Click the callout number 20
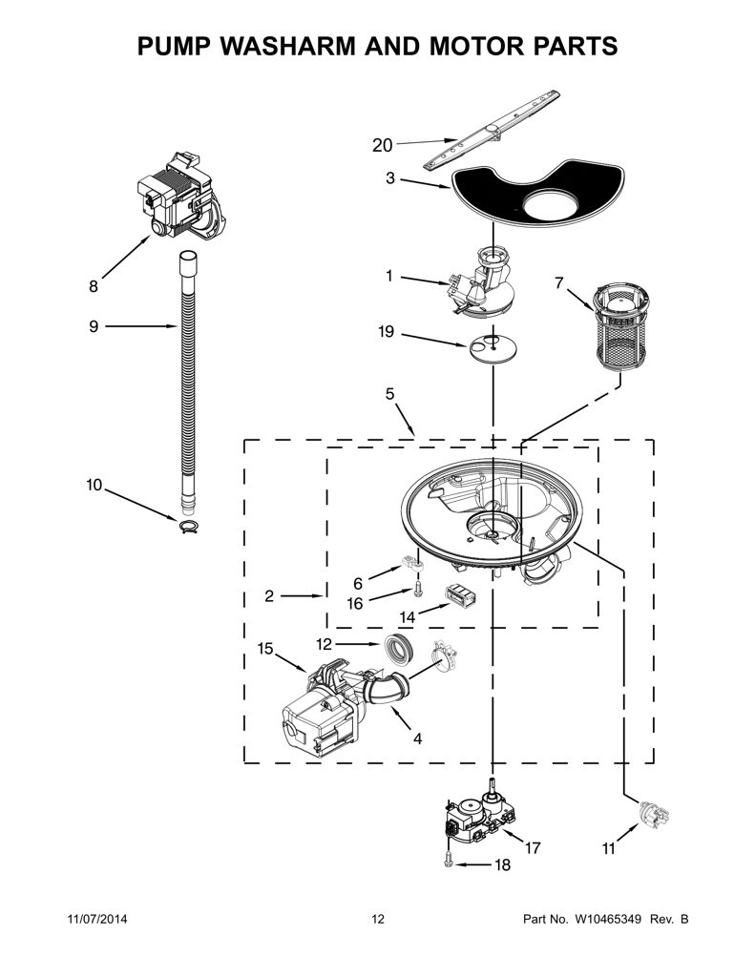pyautogui.click(x=382, y=145)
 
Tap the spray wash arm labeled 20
pyautogui.click(x=492, y=130)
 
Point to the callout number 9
pyautogui.click(x=94, y=326)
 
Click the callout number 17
pyautogui.click(x=533, y=847)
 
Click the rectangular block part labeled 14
pyautogui.click(x=461, y=595)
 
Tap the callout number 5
pyautogui.click(x=389, y=394)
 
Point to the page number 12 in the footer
pyautogui.click(x=378, y=919)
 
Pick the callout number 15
pyautogui.click(x=265, y=649)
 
